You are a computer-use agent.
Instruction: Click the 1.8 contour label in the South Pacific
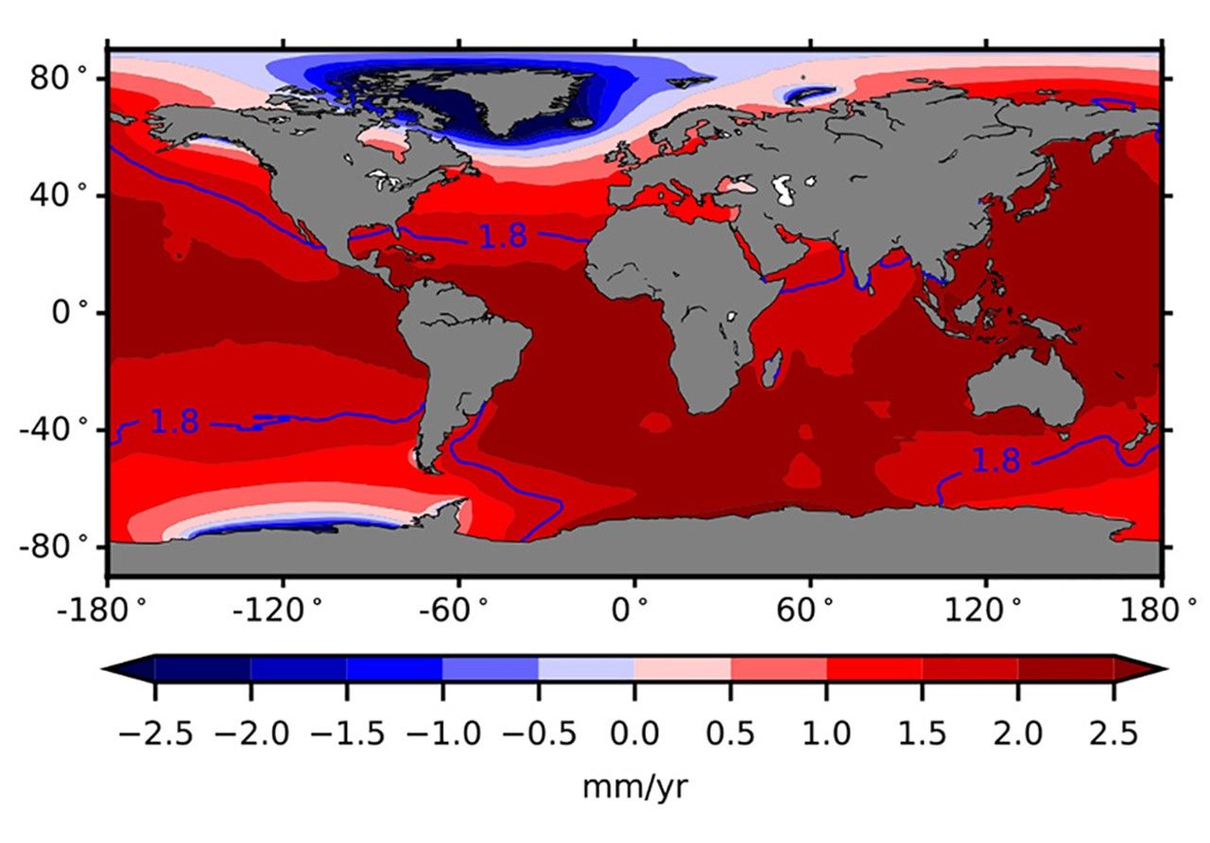tap(175, 422)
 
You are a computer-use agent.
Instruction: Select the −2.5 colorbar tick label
tap(155, 734)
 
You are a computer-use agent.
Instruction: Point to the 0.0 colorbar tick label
tap(634, 734)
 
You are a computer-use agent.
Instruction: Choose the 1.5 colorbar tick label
tap(923, 734)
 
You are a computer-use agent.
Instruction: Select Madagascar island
tap(772, 367)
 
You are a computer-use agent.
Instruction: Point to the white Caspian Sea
tap(783, 190)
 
